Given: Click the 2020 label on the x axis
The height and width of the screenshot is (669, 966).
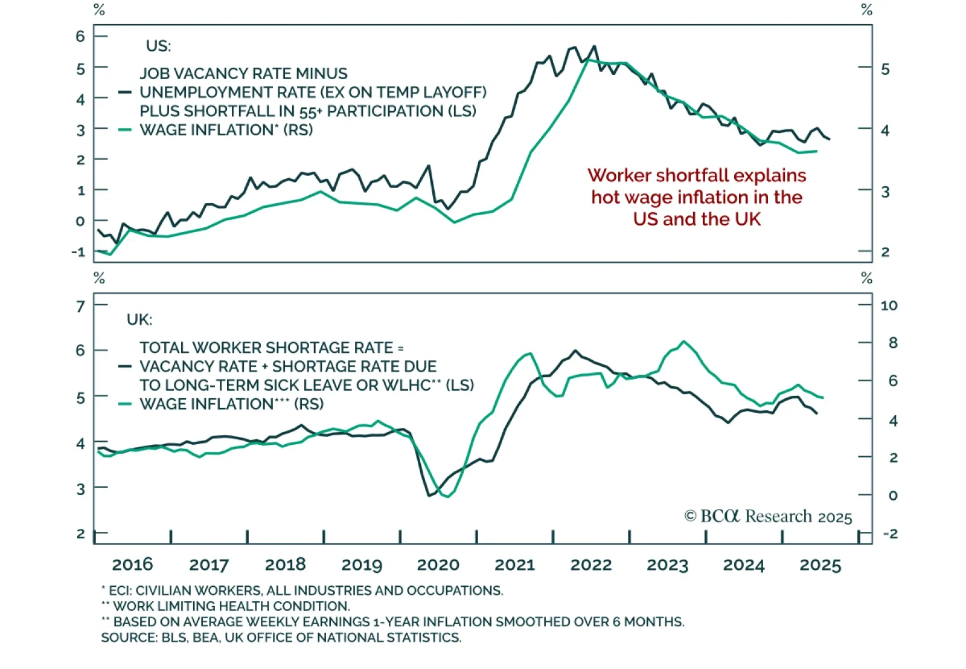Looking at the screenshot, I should pos(438,565).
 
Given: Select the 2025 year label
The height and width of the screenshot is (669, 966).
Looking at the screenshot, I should pos(820,565).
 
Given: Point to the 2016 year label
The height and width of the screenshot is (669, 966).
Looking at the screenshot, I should pos(132,565).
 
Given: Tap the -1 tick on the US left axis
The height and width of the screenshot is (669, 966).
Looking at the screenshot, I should pos(78,252).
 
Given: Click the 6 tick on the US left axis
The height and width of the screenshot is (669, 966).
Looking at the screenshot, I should pos(80,36).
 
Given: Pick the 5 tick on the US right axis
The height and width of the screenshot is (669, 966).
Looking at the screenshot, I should pos(885,69).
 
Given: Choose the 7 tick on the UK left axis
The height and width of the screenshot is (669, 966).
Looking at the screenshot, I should pos(80,306).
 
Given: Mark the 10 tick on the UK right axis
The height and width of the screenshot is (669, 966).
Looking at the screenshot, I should pos(889,305).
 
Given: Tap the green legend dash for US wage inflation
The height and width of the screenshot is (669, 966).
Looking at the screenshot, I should pos(125,130).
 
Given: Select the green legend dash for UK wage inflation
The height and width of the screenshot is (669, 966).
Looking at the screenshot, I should pos(125,404).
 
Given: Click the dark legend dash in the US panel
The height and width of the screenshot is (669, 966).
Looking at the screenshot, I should pos(125,92).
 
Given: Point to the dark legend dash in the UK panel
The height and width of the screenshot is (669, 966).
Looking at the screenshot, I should pos(125,366).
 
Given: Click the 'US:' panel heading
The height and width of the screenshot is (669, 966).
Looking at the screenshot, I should pos(158,46).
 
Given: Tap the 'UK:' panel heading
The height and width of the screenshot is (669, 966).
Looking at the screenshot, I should pos(139,320).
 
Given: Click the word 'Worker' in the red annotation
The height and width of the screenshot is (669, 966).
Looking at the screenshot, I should pos(619,175).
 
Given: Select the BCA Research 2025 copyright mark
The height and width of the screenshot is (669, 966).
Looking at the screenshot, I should pos(768,517).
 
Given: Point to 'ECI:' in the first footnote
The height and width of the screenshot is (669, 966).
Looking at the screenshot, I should pos(121,590).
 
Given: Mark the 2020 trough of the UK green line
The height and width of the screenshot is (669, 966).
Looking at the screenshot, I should pos(447,496).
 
